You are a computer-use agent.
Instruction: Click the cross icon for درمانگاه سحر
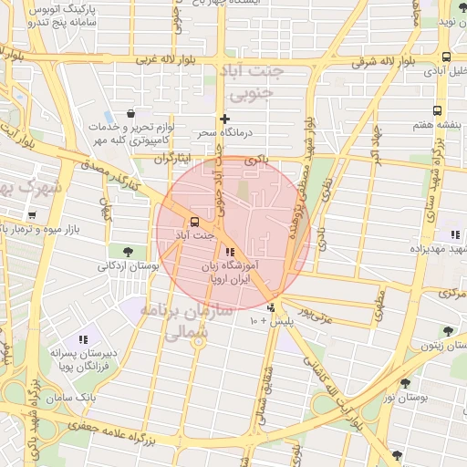224,119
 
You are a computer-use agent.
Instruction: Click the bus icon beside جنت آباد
194,222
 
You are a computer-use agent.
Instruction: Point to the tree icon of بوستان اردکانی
126,251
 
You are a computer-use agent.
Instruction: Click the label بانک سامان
75,400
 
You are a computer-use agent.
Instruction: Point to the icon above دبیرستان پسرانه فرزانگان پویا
84,340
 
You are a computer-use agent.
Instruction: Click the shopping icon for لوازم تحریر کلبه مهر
131,114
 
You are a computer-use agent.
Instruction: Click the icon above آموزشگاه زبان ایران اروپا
229,252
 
